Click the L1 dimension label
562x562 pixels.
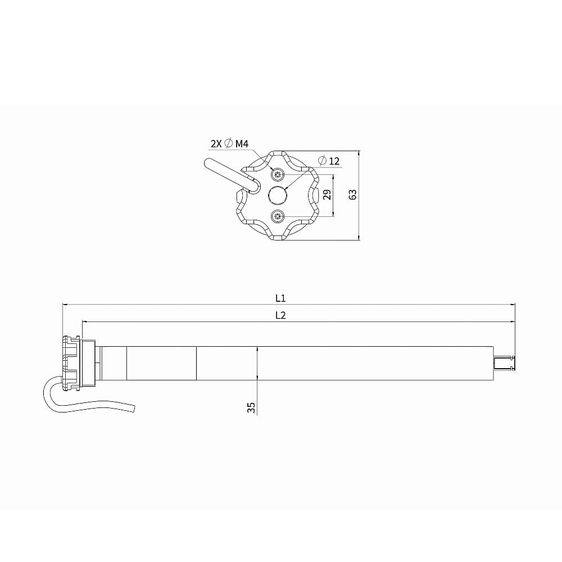click(x=280, y=298)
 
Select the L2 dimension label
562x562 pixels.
click(x=280, y=315)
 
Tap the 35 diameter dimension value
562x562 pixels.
click(x=252, y=407)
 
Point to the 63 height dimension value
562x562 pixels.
click(x=353, y=194)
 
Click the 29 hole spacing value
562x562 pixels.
click(x=327, y=194)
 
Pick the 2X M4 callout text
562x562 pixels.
click(x=229, y=144)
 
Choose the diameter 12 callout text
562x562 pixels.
click(x=329, y=161)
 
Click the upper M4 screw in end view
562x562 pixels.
click(x=277, y=175)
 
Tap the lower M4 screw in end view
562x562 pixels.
click(x=277, y=216)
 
